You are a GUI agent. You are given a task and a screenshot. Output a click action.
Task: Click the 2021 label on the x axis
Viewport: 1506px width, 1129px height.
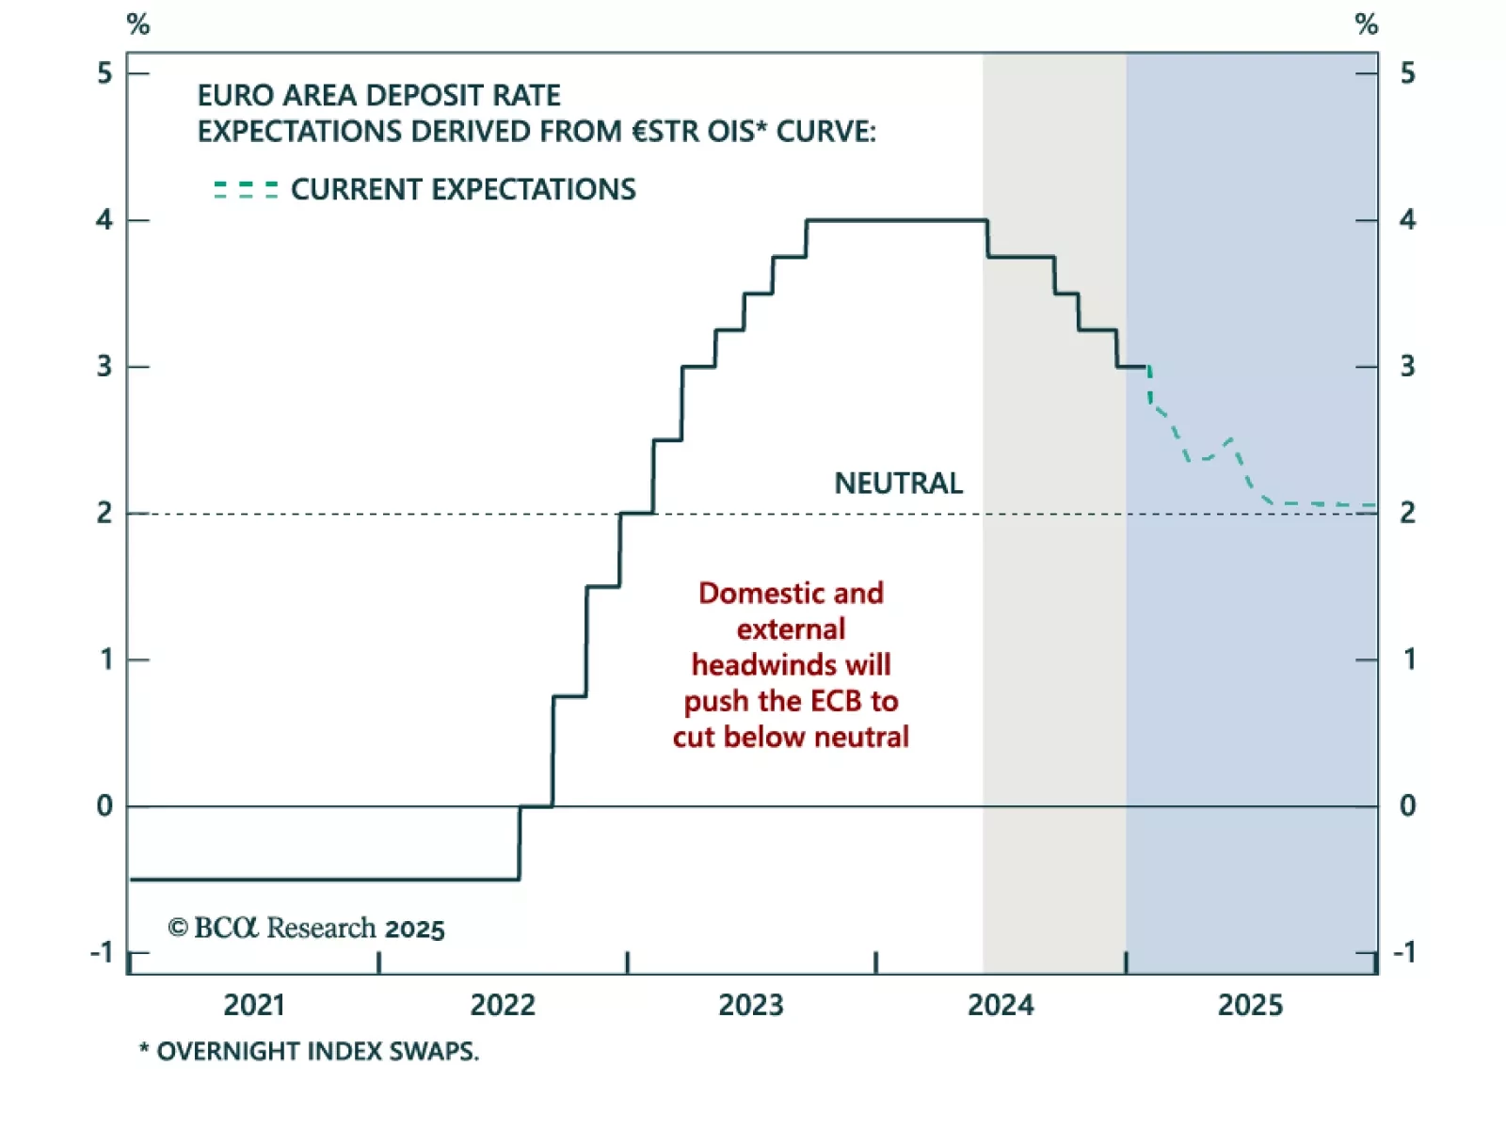tap(254, 1005)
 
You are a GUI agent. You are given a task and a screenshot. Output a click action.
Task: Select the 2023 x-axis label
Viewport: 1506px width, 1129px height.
tap(751, 1005)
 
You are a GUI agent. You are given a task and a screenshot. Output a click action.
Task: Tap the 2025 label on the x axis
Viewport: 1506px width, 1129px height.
tap(1250, 1005)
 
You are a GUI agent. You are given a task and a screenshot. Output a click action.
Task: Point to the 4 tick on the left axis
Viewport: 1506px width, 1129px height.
tap(104, 220)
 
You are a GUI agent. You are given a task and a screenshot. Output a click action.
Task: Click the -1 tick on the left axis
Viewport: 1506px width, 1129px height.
tap(102, 953)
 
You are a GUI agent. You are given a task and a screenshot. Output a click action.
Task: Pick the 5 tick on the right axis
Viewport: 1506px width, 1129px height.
tap(1407, 73)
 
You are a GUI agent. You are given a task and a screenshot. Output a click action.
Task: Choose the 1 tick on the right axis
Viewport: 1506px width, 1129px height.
tap(1409, 660)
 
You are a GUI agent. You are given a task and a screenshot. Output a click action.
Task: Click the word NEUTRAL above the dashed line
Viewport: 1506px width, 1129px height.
tap(898, 484)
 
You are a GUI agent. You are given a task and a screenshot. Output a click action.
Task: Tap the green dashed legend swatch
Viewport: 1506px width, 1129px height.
tap(246, 190)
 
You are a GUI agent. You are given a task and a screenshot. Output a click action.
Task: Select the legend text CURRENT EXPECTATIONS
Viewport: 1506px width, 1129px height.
tap(463, 190)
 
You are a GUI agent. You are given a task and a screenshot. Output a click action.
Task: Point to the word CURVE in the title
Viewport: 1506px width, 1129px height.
tap(825, 132)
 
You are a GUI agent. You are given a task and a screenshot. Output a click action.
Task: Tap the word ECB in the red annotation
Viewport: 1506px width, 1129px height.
tap(836, 701)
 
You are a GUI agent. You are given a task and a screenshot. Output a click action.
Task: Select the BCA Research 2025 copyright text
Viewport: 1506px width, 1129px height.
tap(306, 929)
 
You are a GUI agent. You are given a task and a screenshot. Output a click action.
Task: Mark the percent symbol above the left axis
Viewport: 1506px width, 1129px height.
tap(138, 24)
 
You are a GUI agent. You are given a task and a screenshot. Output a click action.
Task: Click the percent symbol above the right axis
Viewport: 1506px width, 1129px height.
tap(1367, 24)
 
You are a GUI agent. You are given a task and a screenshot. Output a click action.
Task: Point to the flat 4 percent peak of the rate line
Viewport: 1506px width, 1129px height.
tap(896, 220)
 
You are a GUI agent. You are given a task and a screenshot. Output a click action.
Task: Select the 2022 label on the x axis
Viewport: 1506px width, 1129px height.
tap(503, 1005)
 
